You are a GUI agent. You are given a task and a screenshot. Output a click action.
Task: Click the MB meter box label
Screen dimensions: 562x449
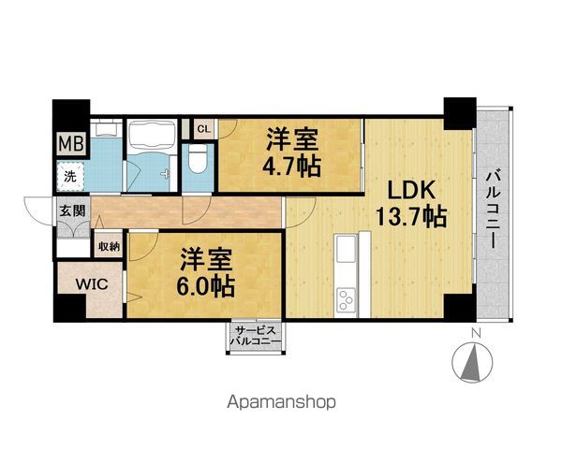[x=71, y=143]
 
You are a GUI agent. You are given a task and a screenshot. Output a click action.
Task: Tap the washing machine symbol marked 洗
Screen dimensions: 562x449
[x=70, y=176]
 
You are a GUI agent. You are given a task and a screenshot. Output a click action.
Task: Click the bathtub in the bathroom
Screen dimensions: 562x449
[x=152, y=136]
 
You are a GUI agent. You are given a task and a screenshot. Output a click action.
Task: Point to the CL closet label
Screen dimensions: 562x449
[x=203, y=129]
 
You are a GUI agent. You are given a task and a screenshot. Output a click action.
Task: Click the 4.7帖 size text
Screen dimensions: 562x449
[x=291, y=167]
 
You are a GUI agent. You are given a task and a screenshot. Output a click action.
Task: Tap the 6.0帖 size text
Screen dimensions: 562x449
[x=206, y=286]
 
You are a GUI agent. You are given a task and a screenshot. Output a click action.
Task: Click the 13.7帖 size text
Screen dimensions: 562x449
[x=411, y=217]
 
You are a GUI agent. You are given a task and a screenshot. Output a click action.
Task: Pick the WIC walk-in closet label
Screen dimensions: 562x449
[x=92, y=284]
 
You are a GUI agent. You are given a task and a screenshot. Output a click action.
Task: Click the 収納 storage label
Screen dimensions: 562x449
[x=109, y=246]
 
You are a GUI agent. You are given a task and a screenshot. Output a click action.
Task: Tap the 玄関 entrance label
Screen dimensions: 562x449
[x=73, y=210]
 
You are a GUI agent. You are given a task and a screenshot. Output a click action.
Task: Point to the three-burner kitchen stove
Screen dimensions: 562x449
[x=347, y=299]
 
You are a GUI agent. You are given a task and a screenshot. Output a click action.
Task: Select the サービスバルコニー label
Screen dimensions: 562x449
[x=255, y=336]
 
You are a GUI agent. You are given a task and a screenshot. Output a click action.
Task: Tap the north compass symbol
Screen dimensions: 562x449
[x=472, y=363]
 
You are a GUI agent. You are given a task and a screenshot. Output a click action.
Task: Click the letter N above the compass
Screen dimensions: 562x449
[x=476, y=333]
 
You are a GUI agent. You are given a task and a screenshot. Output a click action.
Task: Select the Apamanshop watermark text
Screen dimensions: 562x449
[x=281, y=402]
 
